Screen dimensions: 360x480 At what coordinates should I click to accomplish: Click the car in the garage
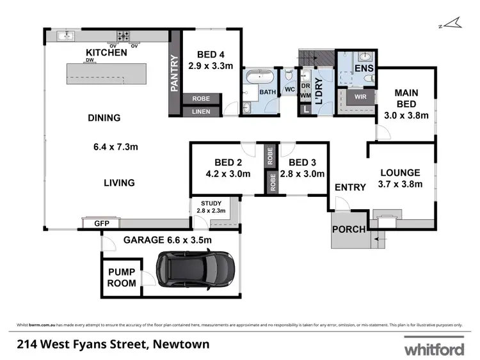(195, 269)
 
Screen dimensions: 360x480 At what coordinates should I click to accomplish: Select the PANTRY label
(173, 74)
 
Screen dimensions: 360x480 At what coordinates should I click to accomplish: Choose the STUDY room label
(210, 203)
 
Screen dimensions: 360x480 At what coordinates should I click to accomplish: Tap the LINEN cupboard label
(200, 112)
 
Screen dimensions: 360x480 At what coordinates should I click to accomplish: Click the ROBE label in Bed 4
(200, 98)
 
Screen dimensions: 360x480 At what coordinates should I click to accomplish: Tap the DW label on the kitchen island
(89, 61)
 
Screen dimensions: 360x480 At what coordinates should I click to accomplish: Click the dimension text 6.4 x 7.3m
(116, 147)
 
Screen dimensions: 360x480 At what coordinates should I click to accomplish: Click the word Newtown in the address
(180, 345)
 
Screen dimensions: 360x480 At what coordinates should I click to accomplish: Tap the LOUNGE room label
(400, 173)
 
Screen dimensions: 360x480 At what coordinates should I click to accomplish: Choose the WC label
(289, 90)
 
